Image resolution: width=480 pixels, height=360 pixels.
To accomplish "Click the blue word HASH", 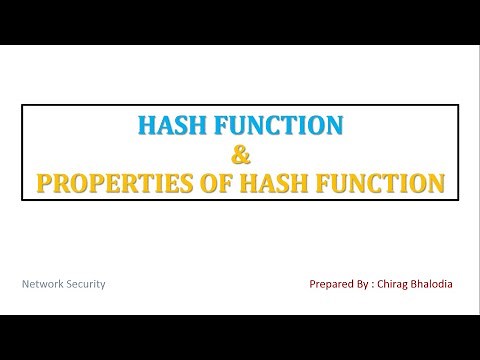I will click(169, 126).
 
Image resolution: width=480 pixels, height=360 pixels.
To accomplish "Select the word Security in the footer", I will click(87, 284).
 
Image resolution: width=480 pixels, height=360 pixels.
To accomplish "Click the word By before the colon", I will click(370, 284).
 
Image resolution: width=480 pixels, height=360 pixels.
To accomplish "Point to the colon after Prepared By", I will click(383, 284).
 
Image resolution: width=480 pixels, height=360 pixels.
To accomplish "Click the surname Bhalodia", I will click(448, 284).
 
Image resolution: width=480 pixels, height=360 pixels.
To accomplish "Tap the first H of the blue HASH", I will click(145, 126).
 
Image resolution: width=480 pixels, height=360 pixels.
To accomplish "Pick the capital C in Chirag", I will click(391, 284).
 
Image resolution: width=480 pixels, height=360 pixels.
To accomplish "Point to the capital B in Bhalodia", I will click(428, 284).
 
